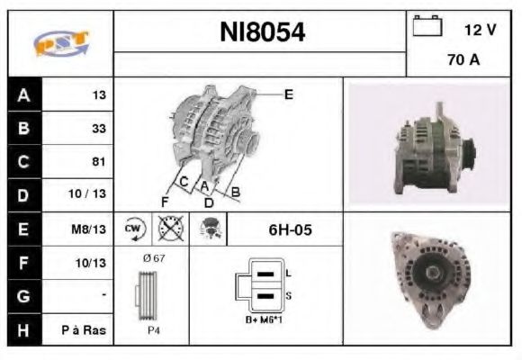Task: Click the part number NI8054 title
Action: (x=263, y=33)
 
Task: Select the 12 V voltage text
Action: (x=480, y=30)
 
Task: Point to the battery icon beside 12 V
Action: (x=425, y=28)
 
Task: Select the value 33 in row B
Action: (x=99, y=129)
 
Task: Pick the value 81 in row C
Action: (x=99, y=162)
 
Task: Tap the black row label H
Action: (x=22, y=330)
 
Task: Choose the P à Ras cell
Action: (x=88, y=330)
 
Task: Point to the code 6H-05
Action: (x=290, y=229)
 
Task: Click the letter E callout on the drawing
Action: (x=289, y=94)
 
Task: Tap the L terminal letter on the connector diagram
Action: (x=287, y=273)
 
